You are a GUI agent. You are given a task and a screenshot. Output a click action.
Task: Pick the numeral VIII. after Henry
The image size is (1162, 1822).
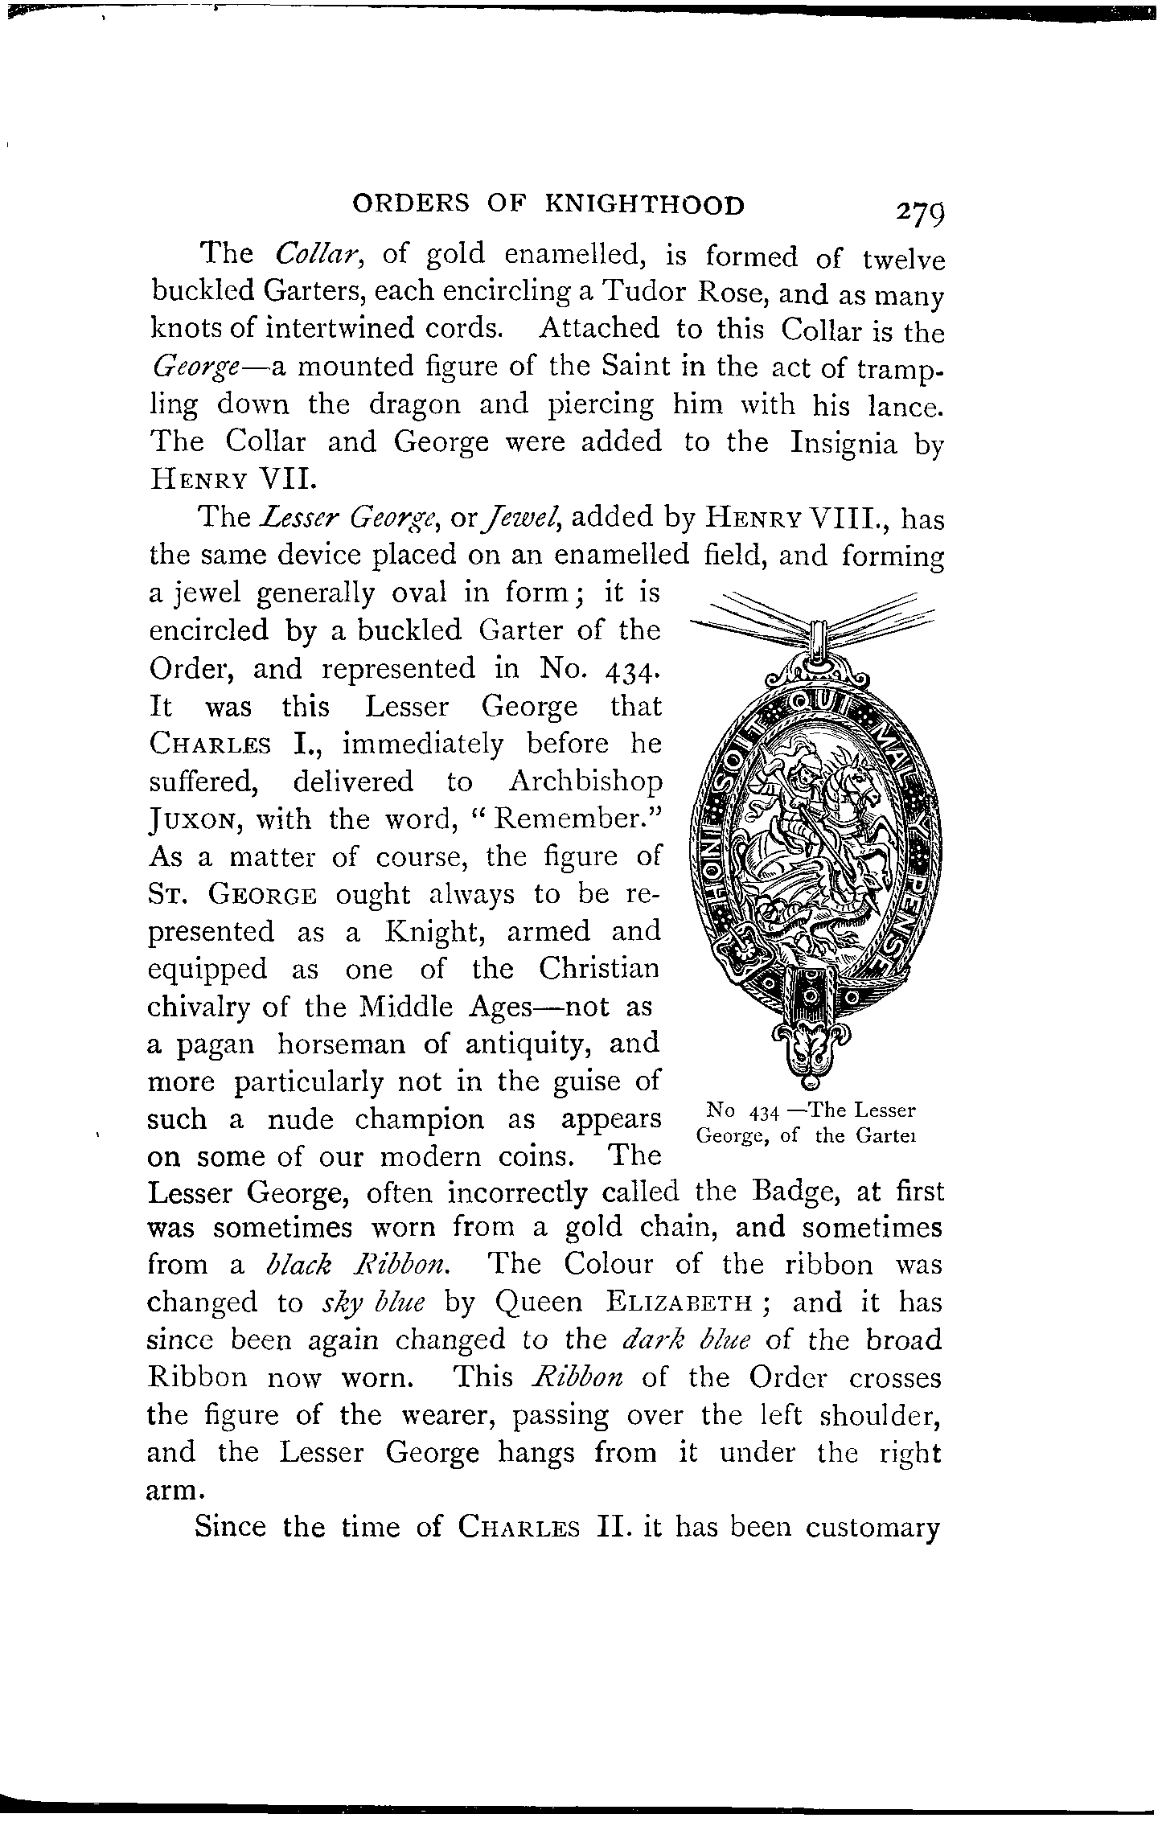point(847,517)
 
